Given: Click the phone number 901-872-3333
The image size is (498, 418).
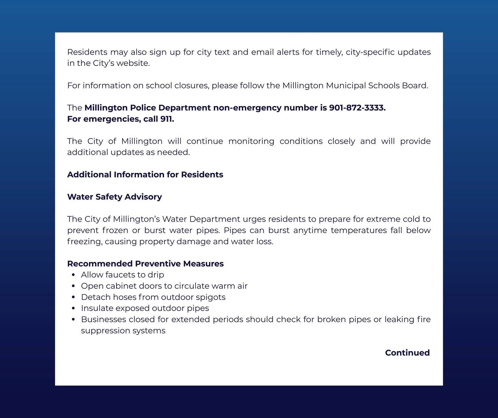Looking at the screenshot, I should (357, 108).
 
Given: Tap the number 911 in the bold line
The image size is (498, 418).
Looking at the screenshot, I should (167, 119).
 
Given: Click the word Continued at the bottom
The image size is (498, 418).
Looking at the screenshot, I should (407, 353).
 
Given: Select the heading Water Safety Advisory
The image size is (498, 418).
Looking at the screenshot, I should (115, 197).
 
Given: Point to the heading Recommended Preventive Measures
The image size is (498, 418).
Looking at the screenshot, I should (145, 264).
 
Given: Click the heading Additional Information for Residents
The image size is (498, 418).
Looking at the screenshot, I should (145, 175).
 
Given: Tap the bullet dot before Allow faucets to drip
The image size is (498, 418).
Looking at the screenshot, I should (74, 275).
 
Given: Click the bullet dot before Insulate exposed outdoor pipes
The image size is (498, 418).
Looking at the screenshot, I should (74, 308).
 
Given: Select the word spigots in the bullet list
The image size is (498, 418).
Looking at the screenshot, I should (210, 297).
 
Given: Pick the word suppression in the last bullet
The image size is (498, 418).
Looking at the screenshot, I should (105, 331).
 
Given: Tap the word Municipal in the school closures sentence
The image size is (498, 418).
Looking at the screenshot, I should (346, 86).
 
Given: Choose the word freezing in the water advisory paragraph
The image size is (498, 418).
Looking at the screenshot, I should (85, 242).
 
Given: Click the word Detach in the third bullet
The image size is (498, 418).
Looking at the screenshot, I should (94, 297).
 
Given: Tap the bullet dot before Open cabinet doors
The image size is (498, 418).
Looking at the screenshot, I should (74, 286).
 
